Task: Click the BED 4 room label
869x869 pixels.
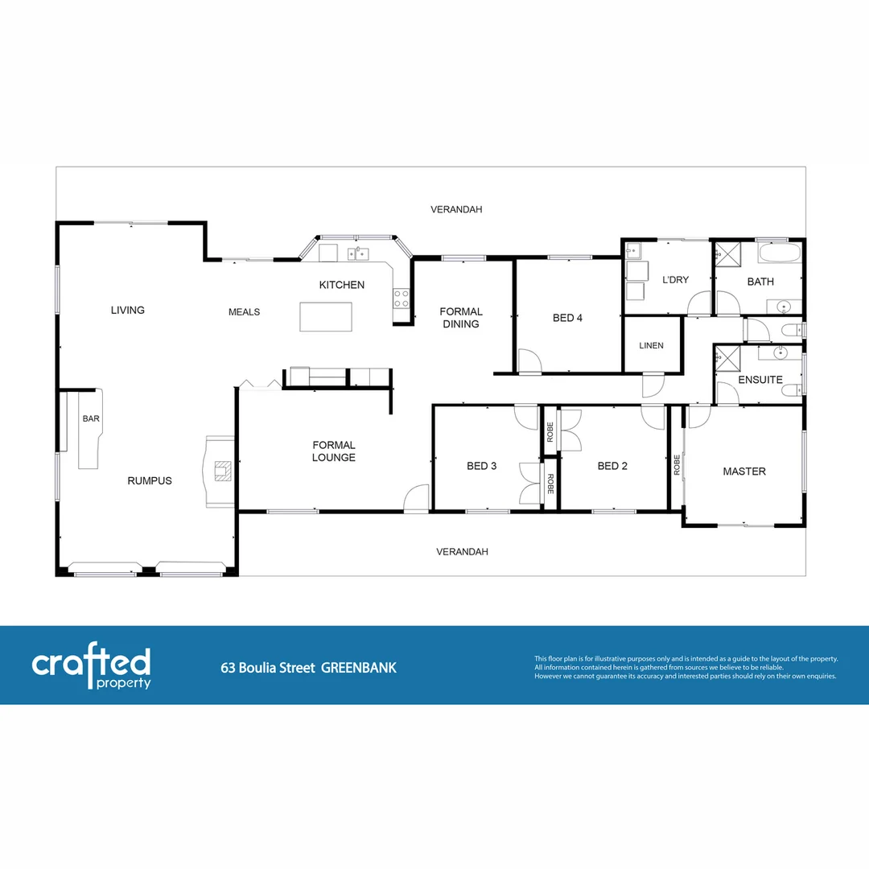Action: (567, 318)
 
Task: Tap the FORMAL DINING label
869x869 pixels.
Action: (461, 318)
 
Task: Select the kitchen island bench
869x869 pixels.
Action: (326, 316)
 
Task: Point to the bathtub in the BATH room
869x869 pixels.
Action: (780, 253)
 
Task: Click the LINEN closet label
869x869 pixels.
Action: (651, 346)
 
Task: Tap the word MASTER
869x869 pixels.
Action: (744, 472)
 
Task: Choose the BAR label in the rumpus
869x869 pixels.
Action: (90, 419)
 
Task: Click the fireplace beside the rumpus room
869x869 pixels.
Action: (220, 471)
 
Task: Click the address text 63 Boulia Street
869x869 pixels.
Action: (268, 668)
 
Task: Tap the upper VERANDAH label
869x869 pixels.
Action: (456, 209)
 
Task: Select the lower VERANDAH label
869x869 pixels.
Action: (462, 552)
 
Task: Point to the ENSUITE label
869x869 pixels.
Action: (760, 380)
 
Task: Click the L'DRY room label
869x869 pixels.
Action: (675, 281)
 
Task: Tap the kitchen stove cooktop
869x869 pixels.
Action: (401, 299)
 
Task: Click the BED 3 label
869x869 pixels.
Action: (482, 466)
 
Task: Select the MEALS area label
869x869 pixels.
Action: (244, 312)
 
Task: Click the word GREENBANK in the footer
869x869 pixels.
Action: (359, 668)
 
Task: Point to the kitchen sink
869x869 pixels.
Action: (358, 254)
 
